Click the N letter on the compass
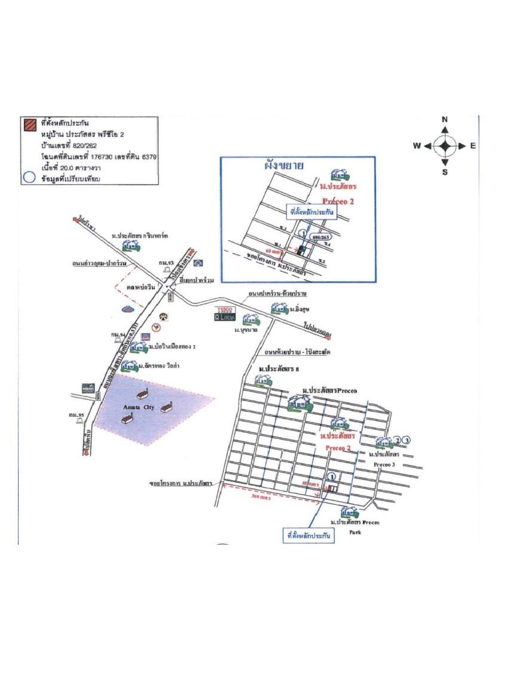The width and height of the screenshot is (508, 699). click(x=445, y=120)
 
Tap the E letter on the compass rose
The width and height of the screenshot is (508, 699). click(x=472, y=145)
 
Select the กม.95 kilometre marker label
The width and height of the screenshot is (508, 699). click(x=75, y=414)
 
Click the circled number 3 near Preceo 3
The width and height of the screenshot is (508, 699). click(x=407, y=441)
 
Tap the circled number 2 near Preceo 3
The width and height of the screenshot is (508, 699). click(x=397, y=441)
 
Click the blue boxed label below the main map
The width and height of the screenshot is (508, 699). click(x=307, y=536)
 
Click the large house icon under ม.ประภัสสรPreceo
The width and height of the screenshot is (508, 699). click(x=298, y=404)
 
